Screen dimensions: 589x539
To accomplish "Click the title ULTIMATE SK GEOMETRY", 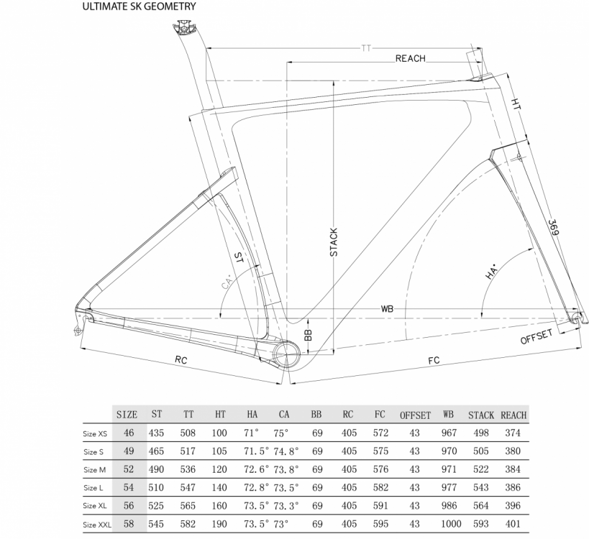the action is (x=139, y=6).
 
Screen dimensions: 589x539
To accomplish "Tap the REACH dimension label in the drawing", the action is (x=410, y=58).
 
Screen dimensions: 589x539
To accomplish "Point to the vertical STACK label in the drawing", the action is (x=334, y=242).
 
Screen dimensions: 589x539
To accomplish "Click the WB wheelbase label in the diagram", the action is (x=387, y=309).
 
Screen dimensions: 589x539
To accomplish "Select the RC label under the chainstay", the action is (x=181, y=359).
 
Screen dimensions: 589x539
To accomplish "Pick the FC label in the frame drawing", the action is (x=434, y=360).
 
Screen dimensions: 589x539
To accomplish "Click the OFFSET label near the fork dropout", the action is (x=537, y=336).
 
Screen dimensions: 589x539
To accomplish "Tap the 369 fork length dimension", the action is (x=553, y=228).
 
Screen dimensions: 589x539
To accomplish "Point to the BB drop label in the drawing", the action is (x=308, y=335).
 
